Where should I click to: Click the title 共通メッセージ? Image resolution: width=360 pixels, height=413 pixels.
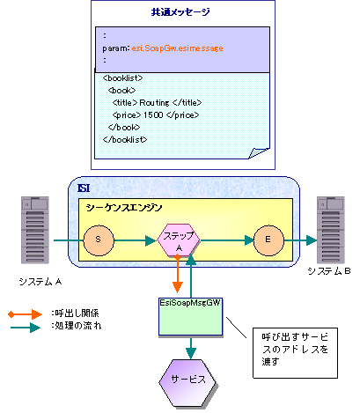pyautogui.click(x=180, y=12)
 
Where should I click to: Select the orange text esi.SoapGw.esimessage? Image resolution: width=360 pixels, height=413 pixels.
pyautogui.click(x=177, y=48)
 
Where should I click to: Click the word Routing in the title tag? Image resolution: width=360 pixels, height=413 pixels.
pyautogui.click(x=154, y=103)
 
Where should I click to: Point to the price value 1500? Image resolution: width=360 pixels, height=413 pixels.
pyautogui.click(x=153, y=114)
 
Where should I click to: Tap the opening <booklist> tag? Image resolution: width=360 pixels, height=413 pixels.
pyautogui.click(x=122, y=77)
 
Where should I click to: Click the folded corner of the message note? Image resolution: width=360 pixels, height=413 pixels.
pyautogui.click(x=258, y=153)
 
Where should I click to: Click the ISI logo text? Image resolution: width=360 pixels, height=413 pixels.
pyautogui.click(x=84, y=188)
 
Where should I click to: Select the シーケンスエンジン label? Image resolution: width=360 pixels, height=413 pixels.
pyautogui.click(x=124, y=208)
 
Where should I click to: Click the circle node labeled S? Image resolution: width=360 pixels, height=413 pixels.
pyautogui.click(x=99, y=240)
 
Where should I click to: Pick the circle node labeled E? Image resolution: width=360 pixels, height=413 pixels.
pyautogui.click(x=268, y=240)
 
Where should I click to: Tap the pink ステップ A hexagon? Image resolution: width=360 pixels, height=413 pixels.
pyautogui.click(x=179, y=240)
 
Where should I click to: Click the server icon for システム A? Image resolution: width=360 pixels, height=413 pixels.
pyautogui.click(x=35, y=230)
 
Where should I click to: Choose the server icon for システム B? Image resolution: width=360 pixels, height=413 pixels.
pyautogui.click(x=331, y=230)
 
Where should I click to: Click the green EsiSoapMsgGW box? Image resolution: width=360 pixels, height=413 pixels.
pyautogui.click(x=191, y=317)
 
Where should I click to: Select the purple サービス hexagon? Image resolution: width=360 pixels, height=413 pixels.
pyautogui.click(x=187, y=383)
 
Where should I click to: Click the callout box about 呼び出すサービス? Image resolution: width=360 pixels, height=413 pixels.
pyautogui.click(x=295, y=353)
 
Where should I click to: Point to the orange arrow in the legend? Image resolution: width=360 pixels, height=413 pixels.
pyautogui.click(x=26, y=314)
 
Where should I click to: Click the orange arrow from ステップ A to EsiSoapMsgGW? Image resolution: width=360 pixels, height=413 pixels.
pyautogui.click(x=178, y=274)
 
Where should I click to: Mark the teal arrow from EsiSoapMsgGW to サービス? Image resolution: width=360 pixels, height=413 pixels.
pyautogui.click(x=191, y=348)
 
